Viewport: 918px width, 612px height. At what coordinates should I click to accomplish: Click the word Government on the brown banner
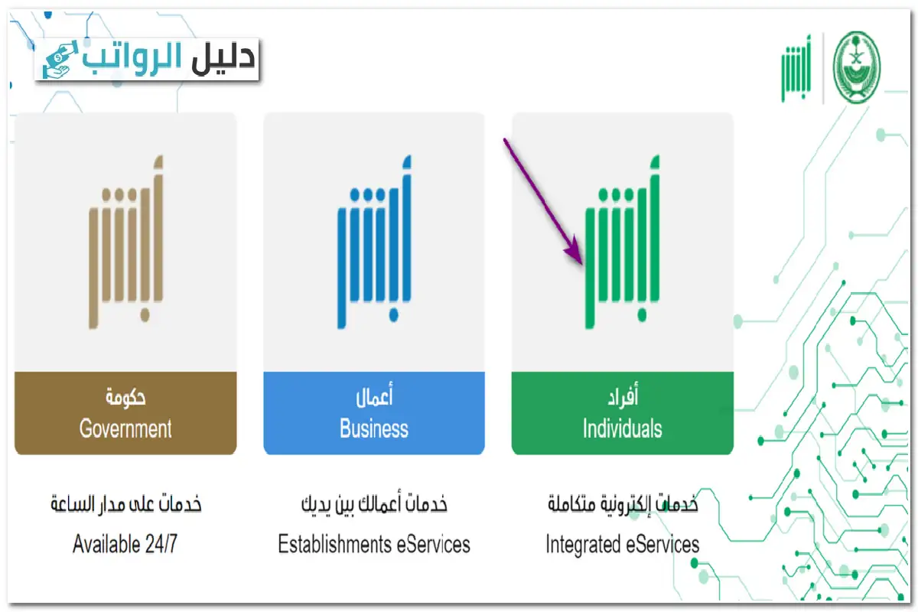(x=125, y=428)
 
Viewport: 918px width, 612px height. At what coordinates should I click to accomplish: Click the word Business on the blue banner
(x=374, y=428)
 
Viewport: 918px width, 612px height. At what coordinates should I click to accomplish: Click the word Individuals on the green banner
(x=622, y=428)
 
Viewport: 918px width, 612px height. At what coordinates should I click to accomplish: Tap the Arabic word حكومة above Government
(x=125, y=398)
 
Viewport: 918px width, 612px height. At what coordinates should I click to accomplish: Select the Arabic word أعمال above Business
(x=374, y=398)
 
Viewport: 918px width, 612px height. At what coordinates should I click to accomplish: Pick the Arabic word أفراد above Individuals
(x=622, y=398)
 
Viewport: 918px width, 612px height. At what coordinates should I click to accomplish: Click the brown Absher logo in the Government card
(x=125, y=243)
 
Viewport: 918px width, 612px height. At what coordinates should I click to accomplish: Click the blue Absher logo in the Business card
(x=374, y=243)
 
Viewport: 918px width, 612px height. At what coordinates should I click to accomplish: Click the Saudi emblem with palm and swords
(x=856, y=67)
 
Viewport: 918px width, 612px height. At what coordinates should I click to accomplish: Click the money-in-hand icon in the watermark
(x=57, y=60)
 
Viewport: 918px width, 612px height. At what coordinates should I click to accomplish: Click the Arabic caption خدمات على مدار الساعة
(x=125, y=505)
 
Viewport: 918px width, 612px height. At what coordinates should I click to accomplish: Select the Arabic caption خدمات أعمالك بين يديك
(x=374, y=505)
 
